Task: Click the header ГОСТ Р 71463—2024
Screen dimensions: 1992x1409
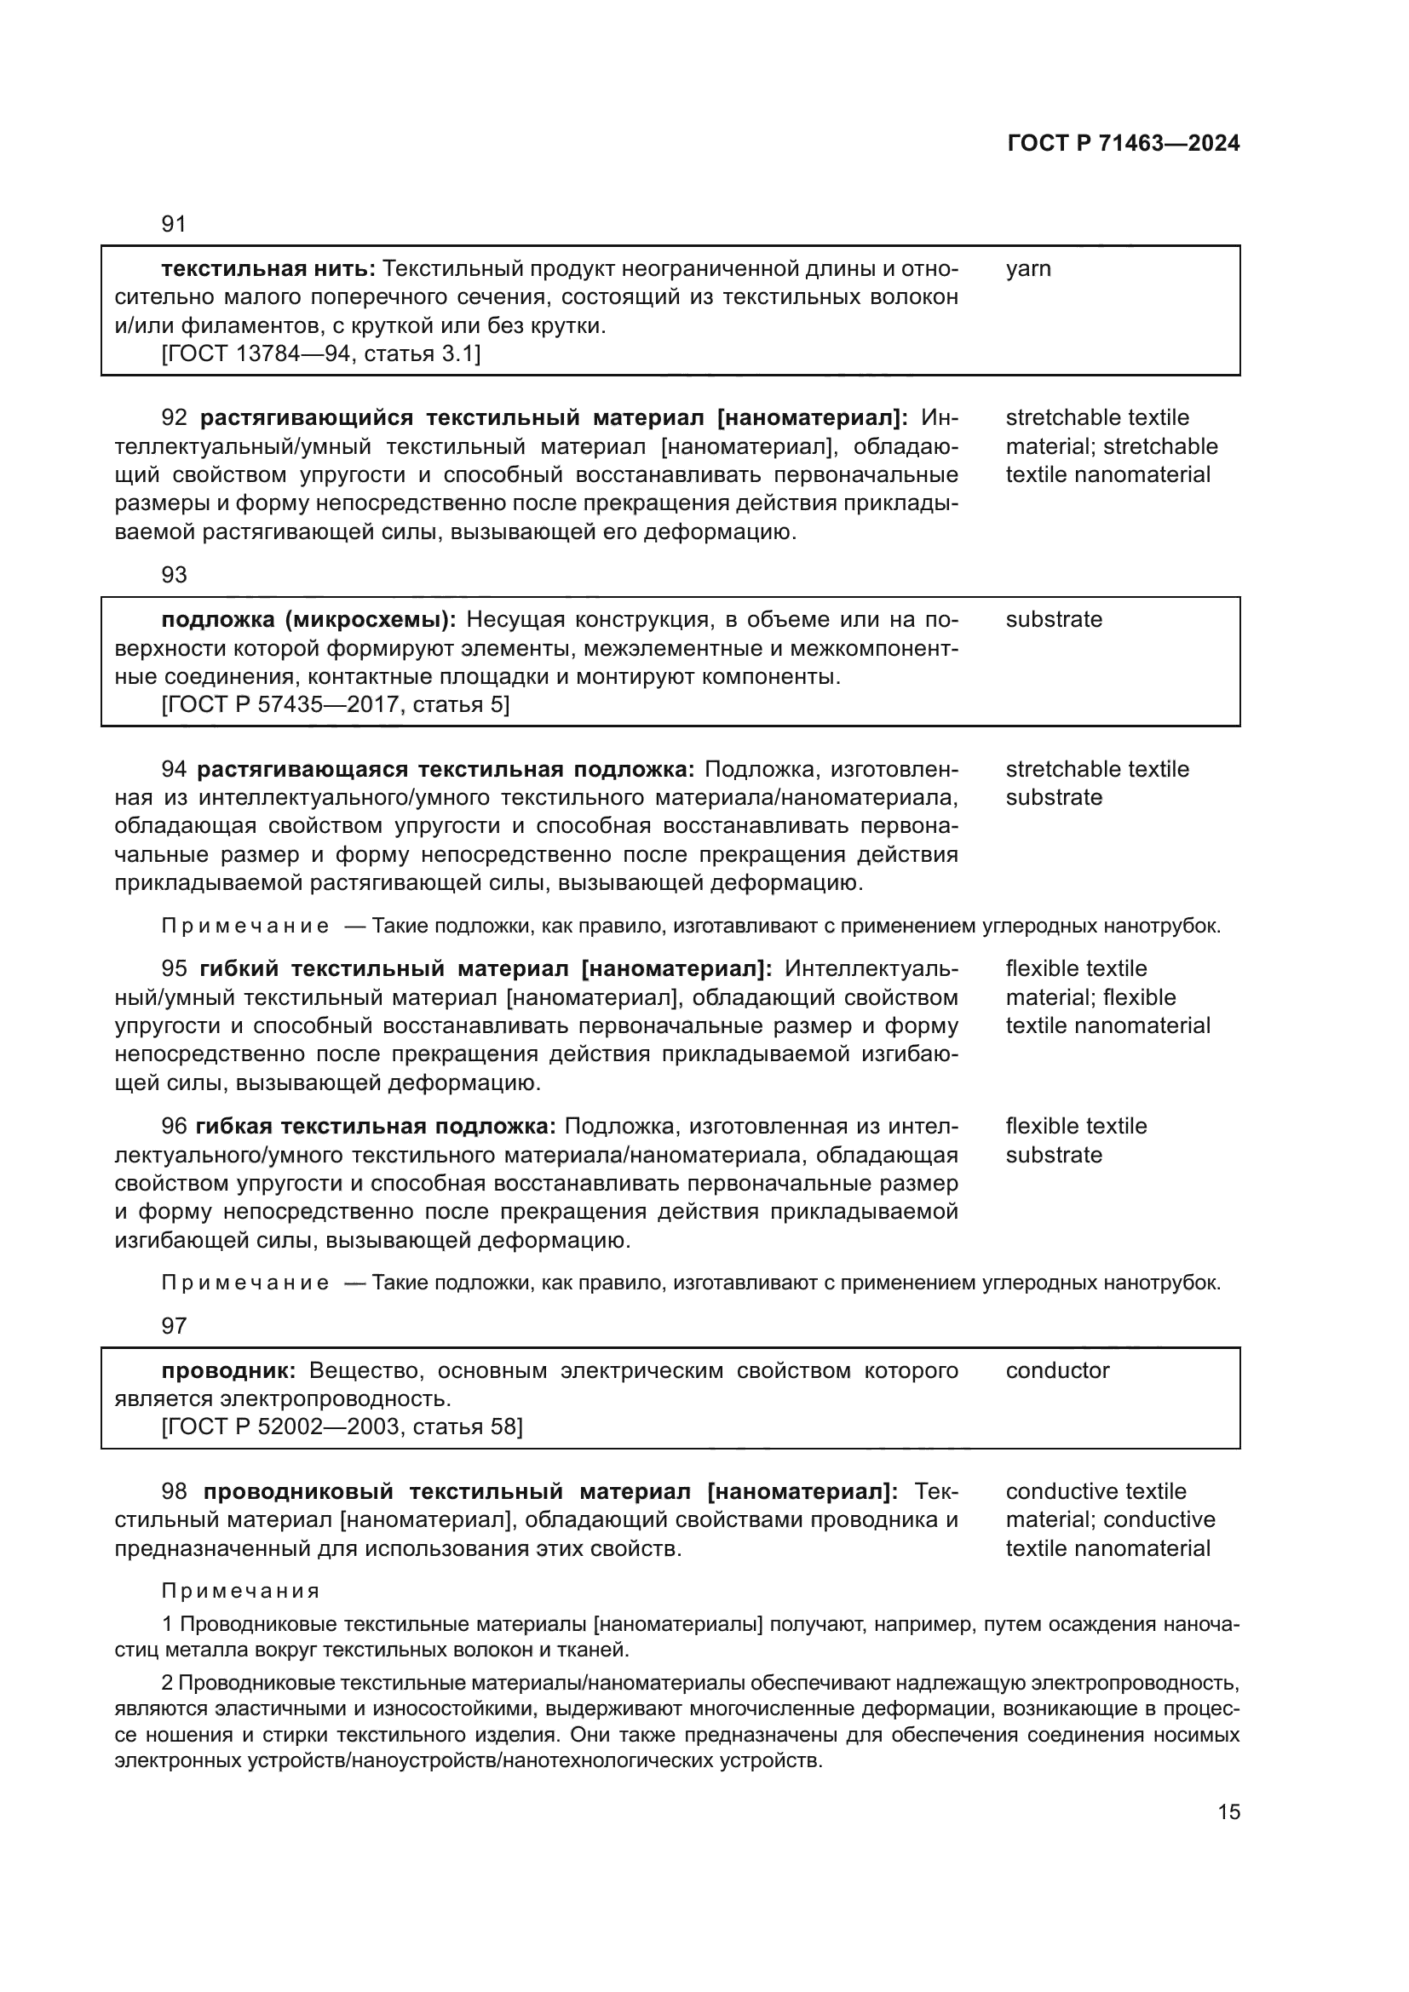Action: click(x=1123, y=144)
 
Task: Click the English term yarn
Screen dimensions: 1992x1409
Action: click(x=1028, y=269)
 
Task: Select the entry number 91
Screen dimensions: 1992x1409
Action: click(x=174, y=224)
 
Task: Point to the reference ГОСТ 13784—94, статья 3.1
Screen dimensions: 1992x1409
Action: click(x=321, y=354)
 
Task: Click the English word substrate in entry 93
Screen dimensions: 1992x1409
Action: click(x=1053, y=619)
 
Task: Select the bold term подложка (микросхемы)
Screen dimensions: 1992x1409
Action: click(x=309, y=619)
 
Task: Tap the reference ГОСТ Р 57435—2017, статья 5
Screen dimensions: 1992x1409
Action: click(x=336, y=704)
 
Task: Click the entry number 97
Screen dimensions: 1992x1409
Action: click(x=174, y=1326)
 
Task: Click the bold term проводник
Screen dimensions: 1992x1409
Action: click(x=228, y=1371)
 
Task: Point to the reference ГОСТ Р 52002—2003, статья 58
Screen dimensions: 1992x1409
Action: click(x=342, y=1427)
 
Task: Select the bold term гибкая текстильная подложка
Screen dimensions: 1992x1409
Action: click(x=376, y=1127)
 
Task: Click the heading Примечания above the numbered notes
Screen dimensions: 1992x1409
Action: click(x=240, y=1591)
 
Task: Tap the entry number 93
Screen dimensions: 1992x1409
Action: click(x=174, y=574)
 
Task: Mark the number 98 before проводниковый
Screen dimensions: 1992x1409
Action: click(x=174, y=1491)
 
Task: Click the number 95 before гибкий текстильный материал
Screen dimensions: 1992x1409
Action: click(x=174, y=969)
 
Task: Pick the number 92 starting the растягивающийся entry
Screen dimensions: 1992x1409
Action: click(x=174, y=418)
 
